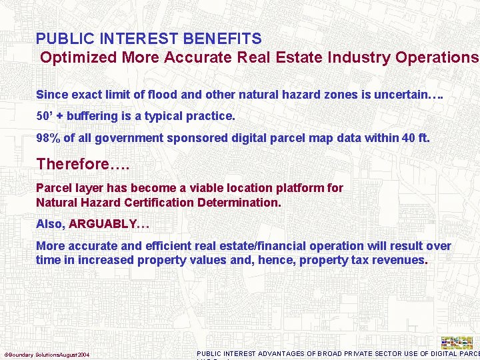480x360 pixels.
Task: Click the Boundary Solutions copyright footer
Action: tap(47, 354)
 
